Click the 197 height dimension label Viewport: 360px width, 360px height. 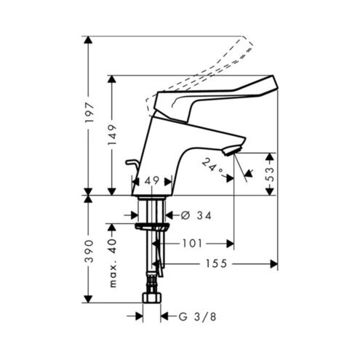[x=89, y=113]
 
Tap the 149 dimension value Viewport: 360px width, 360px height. [x=112, y=135]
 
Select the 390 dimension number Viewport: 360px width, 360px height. [x=89, y=251]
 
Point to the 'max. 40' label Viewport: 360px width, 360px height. [x=113, y=263]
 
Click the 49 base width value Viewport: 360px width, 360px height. [x=152, y=180]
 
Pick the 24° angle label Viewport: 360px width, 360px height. [x=212, y=165]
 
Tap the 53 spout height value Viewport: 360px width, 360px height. [x=270, y=174]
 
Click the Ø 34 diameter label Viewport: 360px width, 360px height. [x=196, y=215]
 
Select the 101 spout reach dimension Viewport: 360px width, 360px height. [x=192, y=244]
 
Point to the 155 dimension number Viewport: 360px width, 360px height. [x=217, y=264]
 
